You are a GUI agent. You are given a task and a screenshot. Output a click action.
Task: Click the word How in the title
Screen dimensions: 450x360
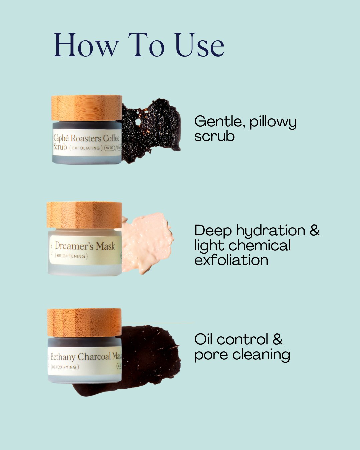click(86, 45)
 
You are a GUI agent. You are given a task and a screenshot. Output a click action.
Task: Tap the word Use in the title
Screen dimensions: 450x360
click(199, 45)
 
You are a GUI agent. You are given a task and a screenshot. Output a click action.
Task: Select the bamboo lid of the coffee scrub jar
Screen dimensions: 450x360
click(87, 108)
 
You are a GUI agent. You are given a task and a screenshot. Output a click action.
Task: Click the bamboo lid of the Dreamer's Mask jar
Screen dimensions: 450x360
click(84, 215)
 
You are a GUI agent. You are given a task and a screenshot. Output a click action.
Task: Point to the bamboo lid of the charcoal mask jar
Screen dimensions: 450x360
click(84, 322)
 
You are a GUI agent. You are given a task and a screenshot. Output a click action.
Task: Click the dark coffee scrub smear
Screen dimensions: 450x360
click(152, 130)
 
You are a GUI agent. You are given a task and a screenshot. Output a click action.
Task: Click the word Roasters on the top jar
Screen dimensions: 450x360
click(86, 138)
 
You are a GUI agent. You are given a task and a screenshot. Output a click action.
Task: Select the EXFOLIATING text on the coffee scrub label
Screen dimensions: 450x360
click(86, 148)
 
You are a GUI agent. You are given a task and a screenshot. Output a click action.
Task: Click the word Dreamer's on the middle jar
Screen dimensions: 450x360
click(74, 246)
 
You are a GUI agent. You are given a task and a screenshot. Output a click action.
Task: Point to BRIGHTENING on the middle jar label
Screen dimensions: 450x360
click(71, 256)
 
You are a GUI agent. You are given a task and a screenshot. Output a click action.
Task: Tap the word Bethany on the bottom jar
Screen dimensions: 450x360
click(63, 357)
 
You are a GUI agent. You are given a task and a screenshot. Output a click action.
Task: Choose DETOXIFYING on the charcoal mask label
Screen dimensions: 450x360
click(64, 367)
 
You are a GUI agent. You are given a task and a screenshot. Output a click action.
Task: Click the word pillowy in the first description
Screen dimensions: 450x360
click(273, 122)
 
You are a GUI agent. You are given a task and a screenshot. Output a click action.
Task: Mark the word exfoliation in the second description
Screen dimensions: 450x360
click(231, 260)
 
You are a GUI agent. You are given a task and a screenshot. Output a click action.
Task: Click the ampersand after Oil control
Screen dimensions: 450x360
click(278, 340)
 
